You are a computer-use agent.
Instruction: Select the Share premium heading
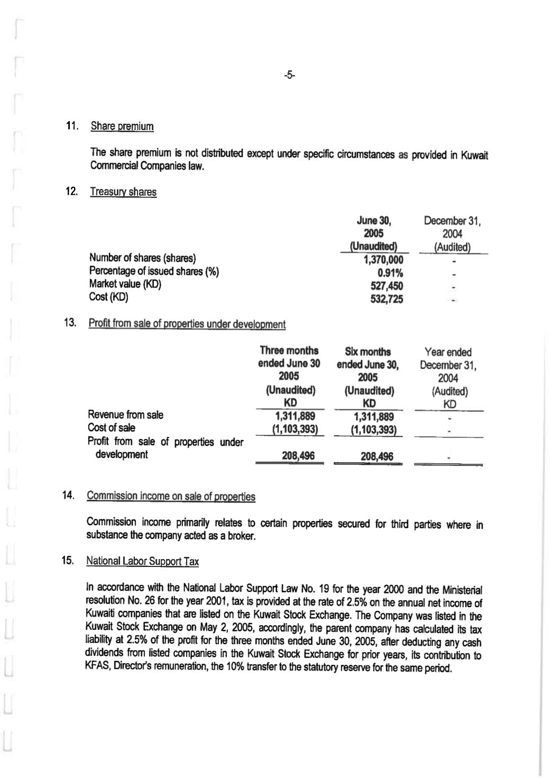(x=122, y=126)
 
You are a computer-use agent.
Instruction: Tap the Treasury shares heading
(x=123, y=192)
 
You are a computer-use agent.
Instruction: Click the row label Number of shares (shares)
(x=142, y=258)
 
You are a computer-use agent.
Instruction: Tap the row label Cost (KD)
(x=108, y=297)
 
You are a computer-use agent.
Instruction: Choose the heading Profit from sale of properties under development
(x=187, y=324)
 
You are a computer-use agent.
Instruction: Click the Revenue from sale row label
(x=125, y=415)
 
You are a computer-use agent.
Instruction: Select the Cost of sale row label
(x=111, y=428)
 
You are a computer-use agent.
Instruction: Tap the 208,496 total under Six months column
(x=377, y=456)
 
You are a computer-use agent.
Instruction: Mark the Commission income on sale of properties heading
(x=171, y=496)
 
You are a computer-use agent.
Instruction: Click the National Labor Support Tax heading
(x=142, y=561)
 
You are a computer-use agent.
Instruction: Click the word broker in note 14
(x=243, y=537)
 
